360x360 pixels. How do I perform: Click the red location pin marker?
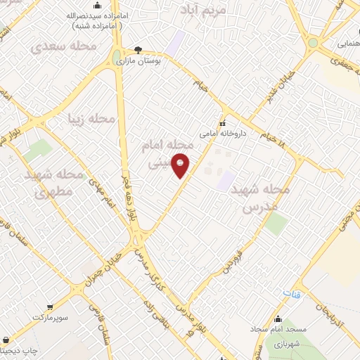click(x=181, y=165)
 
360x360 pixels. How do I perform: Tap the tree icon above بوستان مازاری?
click(x=139, y=51)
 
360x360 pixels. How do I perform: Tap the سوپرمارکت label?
click(x=51, y=318)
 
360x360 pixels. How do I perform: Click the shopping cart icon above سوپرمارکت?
click(x=51, y=307)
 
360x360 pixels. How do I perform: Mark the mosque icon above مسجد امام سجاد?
click(x=279, y=318)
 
